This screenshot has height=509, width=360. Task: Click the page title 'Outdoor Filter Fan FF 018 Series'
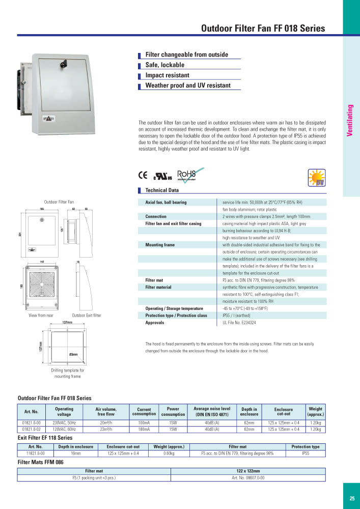[263, 29]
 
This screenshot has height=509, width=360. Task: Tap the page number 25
[352, 498]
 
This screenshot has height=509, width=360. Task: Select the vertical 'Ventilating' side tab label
[350, 120]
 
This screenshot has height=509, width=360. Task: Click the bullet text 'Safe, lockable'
[165, 65]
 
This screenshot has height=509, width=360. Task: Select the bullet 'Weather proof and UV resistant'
[188, 86]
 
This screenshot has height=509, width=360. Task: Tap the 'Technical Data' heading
[162, 190]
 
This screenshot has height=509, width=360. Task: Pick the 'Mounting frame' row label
[160, 245]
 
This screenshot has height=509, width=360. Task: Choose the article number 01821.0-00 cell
[35, 422]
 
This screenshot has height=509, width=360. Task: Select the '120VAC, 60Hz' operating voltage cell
[64, 430]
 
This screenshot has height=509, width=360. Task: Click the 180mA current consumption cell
[144, 430]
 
